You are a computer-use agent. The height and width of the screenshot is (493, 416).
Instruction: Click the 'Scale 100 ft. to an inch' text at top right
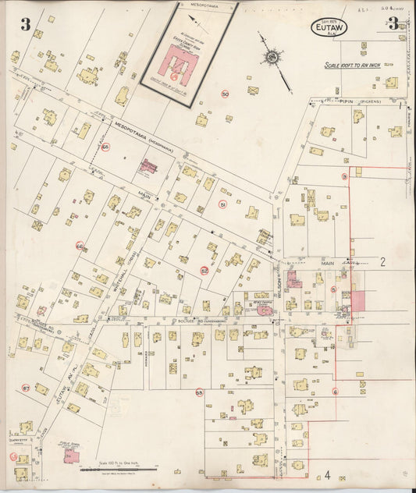coord(353,66)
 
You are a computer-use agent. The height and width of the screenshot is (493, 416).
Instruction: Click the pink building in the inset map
coord(182,64)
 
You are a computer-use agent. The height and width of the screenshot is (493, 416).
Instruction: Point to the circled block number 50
coord(225,94)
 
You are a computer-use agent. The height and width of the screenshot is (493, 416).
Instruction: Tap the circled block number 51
coord(222,204)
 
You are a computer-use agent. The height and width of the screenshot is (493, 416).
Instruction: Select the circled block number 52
coord(204,271)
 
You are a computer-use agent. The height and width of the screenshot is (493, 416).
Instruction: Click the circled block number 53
coord(199,392)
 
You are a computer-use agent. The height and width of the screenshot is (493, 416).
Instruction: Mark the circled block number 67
coord(26,388)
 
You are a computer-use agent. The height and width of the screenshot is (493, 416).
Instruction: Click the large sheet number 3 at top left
coord(26,25)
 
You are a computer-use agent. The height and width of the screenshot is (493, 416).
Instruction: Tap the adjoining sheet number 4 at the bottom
coord(328,474)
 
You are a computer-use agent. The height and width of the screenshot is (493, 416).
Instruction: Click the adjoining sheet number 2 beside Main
coord(382,262)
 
